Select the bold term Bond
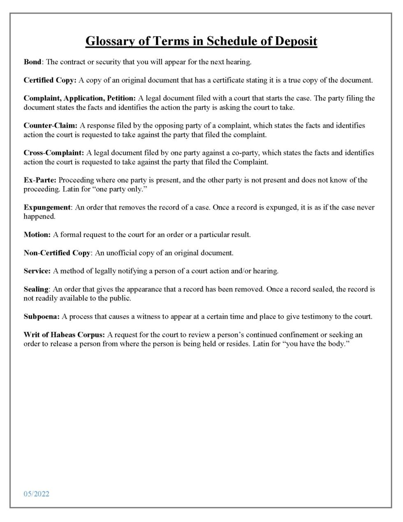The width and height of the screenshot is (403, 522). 32,62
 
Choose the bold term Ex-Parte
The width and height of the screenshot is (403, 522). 39,180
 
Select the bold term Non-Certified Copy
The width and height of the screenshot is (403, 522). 57,253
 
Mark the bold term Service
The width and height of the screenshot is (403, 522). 37,271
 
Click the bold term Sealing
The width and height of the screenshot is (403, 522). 36,289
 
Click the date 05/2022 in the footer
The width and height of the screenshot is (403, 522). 36,494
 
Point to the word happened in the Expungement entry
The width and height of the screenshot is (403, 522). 39,217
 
